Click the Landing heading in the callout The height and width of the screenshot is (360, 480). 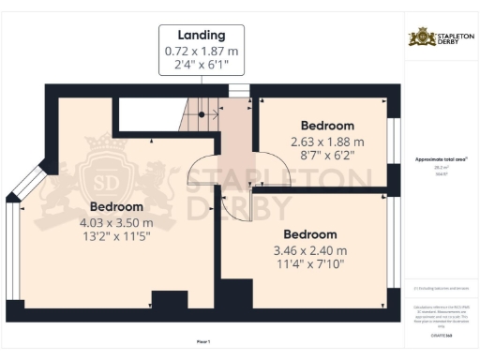(202, 36)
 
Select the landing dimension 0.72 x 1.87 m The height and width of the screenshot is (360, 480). (202, 51)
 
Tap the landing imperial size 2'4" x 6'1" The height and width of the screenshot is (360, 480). (202, 66)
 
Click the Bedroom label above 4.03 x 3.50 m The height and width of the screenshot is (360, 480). (116, 206)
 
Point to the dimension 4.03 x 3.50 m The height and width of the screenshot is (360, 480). (116, 222)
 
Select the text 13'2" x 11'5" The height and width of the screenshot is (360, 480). (116, 237)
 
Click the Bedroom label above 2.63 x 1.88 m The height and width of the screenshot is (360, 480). (327, 126)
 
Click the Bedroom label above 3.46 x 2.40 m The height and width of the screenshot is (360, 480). (309, 234)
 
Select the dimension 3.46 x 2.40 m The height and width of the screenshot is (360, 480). (309, 250)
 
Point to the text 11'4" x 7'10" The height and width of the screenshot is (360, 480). (309, 265)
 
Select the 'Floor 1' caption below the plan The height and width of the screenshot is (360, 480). (202, 343)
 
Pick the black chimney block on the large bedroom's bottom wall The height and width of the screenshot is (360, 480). (170, 303)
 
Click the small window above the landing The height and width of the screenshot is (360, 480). (239, 90)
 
